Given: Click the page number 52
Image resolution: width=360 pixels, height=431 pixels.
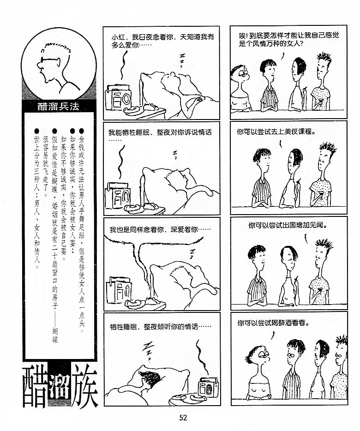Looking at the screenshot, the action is (x=183, y=418).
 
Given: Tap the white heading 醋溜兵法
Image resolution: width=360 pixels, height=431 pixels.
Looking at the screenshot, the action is (x=58, y=107).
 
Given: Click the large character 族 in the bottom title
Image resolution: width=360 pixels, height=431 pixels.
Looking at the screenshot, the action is (x=84, y=388).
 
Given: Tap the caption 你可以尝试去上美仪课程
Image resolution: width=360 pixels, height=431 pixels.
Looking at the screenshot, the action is (x=276, y=132).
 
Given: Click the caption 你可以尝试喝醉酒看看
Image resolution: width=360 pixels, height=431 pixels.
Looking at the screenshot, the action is (x=273, y=323).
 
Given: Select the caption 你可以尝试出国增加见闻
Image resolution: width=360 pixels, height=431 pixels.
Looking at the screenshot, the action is (x=288, y=226).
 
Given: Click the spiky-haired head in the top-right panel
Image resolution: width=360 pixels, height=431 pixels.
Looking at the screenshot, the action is (x=323, y=67).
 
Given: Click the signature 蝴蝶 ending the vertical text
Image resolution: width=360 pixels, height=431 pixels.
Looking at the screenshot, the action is (x=55, y=335).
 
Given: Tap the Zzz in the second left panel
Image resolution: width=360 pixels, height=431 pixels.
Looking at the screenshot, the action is (x=174, y=155).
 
